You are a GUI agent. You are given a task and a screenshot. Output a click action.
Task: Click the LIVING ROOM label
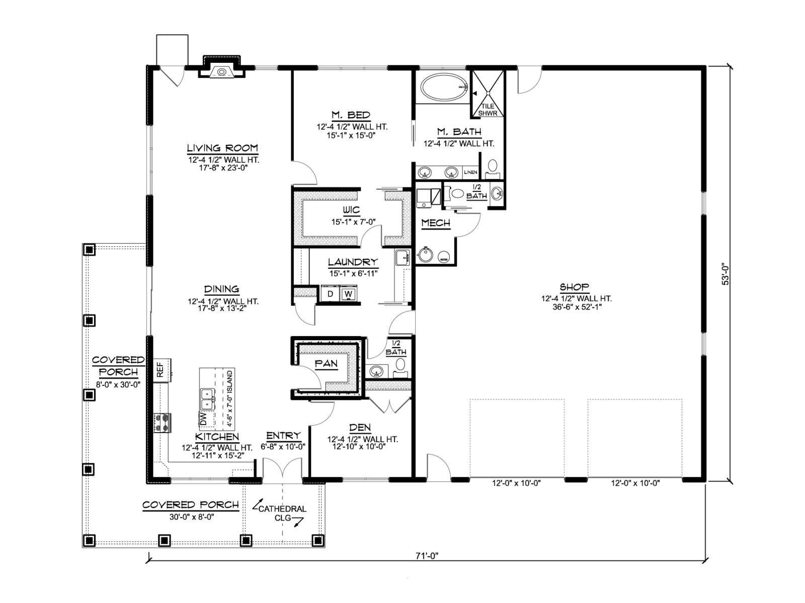tap(222, 148)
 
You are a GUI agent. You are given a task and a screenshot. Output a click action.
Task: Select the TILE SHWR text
tap(488, 110)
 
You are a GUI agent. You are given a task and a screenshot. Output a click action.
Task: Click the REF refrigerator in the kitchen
tap(162, 370)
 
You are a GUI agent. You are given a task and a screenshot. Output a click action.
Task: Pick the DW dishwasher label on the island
tap(204, 419)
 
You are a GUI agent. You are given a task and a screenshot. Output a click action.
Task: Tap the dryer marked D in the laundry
tap(331, 293)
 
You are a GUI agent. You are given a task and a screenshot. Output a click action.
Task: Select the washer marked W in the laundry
tap(348, 293)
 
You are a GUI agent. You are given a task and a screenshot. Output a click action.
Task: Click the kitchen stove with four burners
tap(162, 423)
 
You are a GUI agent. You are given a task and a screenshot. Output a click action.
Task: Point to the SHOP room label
tap(575, 287)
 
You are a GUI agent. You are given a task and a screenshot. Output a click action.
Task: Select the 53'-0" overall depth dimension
tap(725, 274)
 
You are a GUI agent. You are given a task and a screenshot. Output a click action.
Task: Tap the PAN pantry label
tap(327, 363)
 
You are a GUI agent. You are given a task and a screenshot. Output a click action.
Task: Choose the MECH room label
tap(436, 223)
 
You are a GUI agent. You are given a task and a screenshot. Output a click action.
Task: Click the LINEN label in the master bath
tap(470, 172)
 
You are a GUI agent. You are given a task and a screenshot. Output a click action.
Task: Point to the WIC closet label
tap(351, 210)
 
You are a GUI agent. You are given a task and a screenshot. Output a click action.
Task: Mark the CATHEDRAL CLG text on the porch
tap(282, 513)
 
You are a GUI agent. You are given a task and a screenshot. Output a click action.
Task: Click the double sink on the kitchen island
tap(207, 398)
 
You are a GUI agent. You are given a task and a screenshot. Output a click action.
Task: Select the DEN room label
tap(360, 427)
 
